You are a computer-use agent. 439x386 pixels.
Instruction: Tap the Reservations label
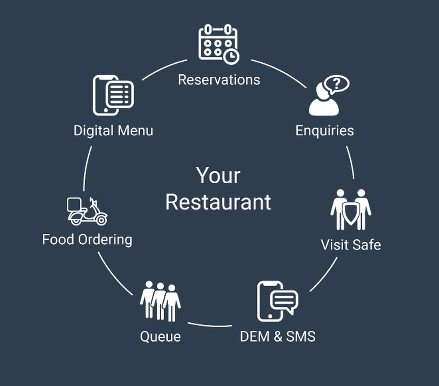click(x=219, y=80)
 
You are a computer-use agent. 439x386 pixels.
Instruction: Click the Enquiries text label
click(x=324, y=130)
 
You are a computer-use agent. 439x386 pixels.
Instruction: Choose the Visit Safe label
click(x=350, y=244)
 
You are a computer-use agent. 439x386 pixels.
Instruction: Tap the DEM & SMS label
click(x=277, y=336)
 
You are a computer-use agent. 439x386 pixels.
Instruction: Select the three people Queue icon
click(x=160, y=301)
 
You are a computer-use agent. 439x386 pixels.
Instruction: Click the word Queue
click(x=160, y=337)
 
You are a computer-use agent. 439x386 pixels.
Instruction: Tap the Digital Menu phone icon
click(x=112, y=95)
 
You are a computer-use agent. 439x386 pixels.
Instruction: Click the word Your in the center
click(x=218, y=176)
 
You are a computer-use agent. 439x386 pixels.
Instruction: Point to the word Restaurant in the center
click(x=218, y=202)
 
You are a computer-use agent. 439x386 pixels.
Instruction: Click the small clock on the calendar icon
click(x=231, y=56)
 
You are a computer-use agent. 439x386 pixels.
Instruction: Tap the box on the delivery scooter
click(x=75, y=204)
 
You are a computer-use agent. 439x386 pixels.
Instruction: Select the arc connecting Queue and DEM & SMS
click(x=210, y=325)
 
